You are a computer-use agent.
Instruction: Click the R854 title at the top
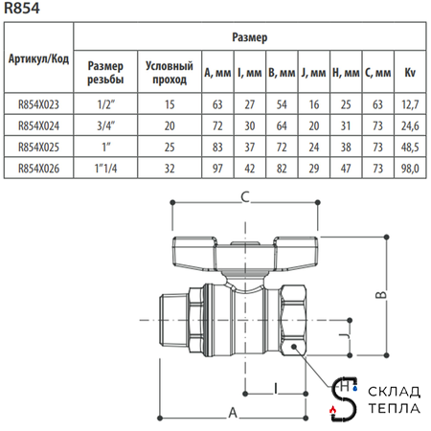point(22,9)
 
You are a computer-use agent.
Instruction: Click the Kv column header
point(411,72)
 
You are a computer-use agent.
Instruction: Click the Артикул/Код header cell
point(37,57)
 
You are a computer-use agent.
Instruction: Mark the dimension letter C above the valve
point(244,198)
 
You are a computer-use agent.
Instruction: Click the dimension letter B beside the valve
point(381,296)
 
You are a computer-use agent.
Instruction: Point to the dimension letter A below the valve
point(233,413)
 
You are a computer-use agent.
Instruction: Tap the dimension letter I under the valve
point(275,388)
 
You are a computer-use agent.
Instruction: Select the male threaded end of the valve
point(175,312)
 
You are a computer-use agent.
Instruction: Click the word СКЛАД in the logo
point(387,393)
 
